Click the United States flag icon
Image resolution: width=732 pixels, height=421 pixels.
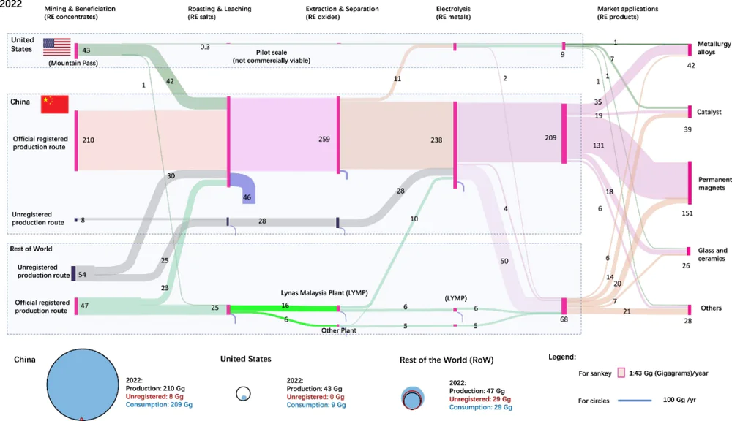click(56, 47)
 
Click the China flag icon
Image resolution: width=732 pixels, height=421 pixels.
click(54, 105)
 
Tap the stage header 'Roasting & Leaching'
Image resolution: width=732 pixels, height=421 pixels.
click(220, 10)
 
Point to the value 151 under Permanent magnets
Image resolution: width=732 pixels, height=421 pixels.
click(687, 213)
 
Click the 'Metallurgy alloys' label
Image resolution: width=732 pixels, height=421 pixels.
click(714, 48)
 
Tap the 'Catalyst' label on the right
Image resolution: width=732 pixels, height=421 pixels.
click(709, 112)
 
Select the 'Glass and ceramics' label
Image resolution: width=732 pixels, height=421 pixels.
click(713, 254)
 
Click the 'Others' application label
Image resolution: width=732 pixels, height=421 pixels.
click(711, 308)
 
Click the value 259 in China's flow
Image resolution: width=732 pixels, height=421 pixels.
click(325, 139)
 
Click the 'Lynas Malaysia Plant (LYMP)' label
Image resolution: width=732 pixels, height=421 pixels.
click(324, 293)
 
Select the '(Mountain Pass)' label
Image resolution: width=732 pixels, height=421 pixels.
click(74, 64)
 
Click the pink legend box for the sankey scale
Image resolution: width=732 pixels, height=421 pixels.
click(621, 373)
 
